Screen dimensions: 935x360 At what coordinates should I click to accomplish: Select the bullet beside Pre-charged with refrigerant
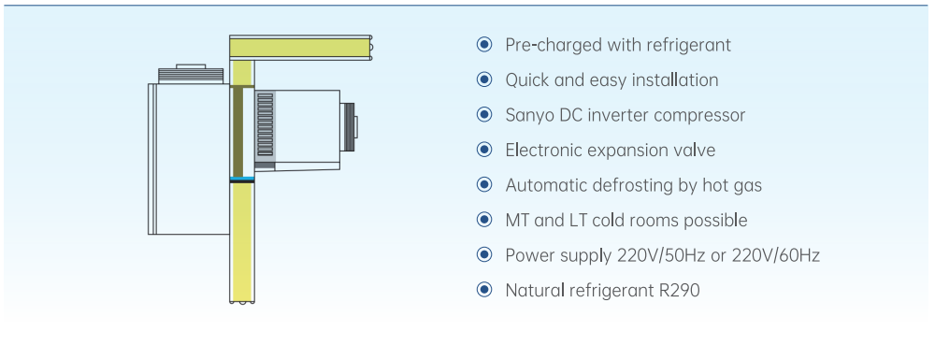tap(484, 44)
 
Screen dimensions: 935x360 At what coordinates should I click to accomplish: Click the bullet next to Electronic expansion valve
tap(484, 150)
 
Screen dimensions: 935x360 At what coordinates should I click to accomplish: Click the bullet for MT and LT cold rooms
tap(484, 220)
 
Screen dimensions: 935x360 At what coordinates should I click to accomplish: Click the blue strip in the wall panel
tap(242, 180)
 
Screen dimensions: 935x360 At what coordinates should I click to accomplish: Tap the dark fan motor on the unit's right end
tap(348, 126)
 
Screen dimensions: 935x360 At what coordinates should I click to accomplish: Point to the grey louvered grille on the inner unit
tap(265, 124)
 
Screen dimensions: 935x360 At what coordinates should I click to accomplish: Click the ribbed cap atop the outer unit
tap(191, 75)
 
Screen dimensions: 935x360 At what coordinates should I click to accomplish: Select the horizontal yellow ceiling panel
tap(300, 48)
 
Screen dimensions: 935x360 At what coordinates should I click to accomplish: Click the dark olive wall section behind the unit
tap(237, 131)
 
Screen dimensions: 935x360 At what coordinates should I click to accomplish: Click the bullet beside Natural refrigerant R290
tap(484, 290)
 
